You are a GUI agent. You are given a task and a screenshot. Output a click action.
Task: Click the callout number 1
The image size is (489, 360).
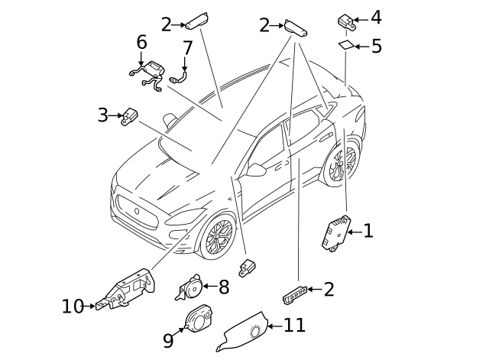click(x=368, y=231)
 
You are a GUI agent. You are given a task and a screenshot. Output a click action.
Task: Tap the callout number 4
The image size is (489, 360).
click(x=376, y=18)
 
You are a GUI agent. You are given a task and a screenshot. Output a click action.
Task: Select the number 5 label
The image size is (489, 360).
click(x=377, y=46)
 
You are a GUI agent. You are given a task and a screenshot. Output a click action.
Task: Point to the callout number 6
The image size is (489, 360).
click(x=141, y=42)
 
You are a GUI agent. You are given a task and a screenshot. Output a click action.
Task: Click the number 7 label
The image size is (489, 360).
click(x=187, y=47)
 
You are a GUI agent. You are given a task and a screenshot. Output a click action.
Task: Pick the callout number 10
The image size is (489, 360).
click(x=73, y=306)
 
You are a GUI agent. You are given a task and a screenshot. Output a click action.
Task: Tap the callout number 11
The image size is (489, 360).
click(x=294, y=325)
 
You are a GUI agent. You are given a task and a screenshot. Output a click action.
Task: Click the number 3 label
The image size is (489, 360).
click(x=103, y=115)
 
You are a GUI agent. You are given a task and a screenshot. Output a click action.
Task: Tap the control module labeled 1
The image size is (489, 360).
click(x=336, y=233)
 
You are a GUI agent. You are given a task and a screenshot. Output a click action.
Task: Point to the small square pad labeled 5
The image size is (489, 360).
click(x=346, y=45)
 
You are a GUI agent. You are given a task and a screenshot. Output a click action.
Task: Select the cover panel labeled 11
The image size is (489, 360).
click(x=242, y=332)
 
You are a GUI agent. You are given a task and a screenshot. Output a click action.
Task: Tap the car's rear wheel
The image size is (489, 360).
click(x=342, y=163)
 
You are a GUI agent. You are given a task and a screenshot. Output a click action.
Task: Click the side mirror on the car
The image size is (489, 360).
click(x=256, y=169)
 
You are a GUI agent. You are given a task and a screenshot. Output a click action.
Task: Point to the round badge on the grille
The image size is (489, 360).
click(x=137, y=211)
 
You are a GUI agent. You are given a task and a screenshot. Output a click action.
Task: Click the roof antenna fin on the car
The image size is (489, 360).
click(x=170, y=121)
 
